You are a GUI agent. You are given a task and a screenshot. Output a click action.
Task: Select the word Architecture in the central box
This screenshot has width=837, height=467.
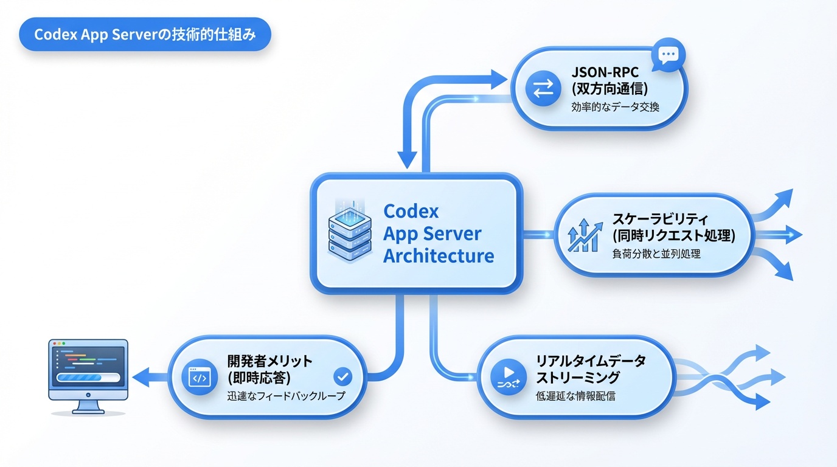pos(438,255)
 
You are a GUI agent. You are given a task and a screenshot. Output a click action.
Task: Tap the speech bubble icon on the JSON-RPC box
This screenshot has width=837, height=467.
pos(668,55)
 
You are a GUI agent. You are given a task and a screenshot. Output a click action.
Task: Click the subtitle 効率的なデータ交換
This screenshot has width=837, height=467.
pos(615,106)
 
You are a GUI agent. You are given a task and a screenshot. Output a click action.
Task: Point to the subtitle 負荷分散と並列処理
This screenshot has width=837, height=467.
pos(656,254)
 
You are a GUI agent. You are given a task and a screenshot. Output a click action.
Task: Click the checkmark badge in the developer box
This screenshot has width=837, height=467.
pos(343,377)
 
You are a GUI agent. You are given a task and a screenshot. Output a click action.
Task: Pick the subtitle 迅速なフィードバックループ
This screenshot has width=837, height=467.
pos(285,396)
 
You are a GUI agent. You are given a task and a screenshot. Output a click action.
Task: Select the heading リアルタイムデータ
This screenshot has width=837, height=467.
pos(590,361)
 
